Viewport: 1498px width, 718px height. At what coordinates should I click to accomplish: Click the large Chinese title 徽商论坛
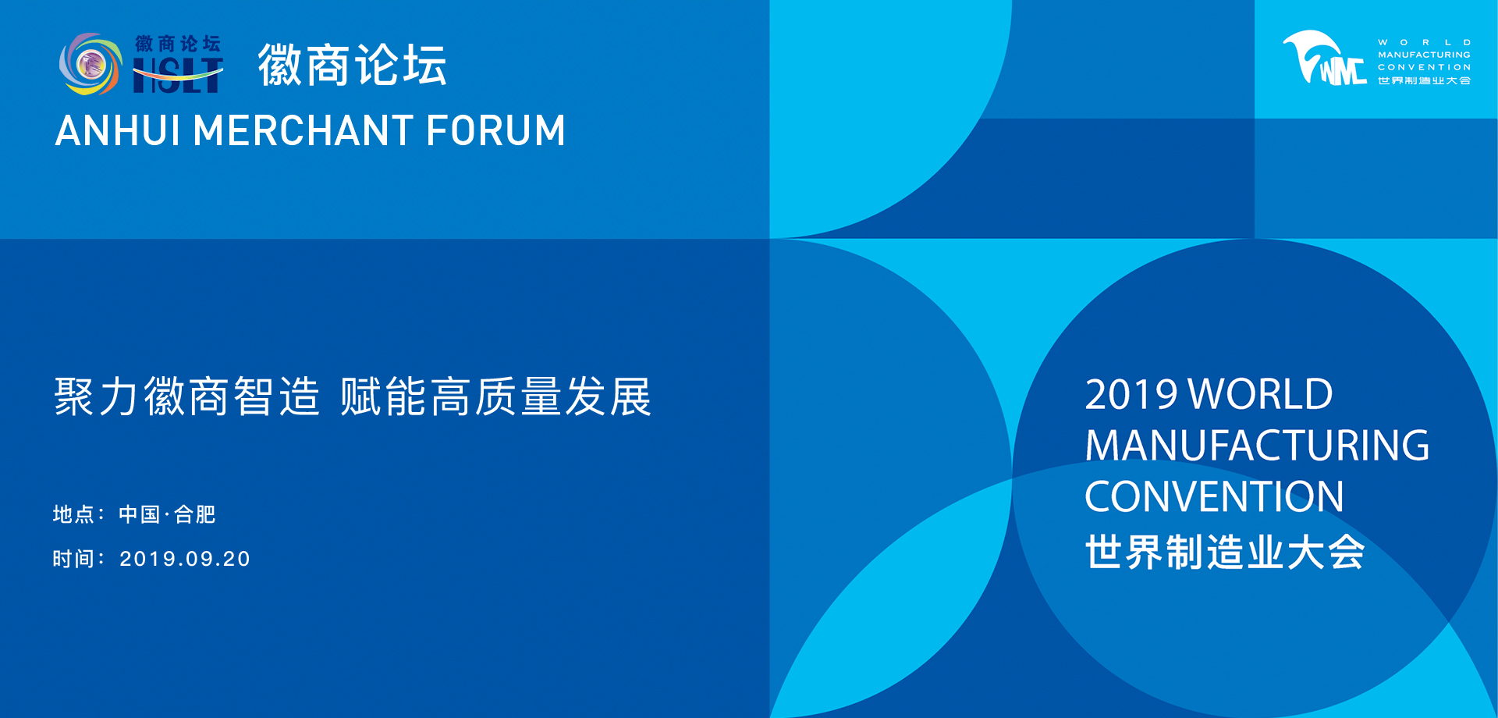[353, 65]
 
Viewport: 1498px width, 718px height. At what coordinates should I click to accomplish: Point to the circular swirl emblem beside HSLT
[91, 64]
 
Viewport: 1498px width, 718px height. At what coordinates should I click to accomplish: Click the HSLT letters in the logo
[178, 76]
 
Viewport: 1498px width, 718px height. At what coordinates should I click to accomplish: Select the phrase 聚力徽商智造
[187, 396]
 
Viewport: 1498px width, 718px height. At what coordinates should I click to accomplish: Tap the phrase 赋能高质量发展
[495, 396]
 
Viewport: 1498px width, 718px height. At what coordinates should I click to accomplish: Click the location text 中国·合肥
[167, 514]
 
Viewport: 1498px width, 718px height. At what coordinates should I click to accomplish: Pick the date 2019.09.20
[185, 559]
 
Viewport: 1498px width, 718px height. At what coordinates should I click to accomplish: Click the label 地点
[73, 514]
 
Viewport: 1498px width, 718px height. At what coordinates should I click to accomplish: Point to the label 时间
[73, 559]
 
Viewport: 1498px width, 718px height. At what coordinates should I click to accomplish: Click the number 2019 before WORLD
[1131, 394]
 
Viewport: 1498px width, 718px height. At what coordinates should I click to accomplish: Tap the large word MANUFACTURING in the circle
[1257, 446]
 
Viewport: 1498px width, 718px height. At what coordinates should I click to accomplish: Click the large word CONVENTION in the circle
[1214, 496]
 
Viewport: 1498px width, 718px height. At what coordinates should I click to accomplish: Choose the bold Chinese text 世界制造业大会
[1225, 552]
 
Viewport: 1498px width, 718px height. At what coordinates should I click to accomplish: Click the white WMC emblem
[1325, 58]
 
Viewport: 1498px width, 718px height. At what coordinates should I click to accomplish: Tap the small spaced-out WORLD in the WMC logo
[1425, 42]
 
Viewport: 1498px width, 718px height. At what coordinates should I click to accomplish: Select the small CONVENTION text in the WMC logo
[1425, 67]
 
